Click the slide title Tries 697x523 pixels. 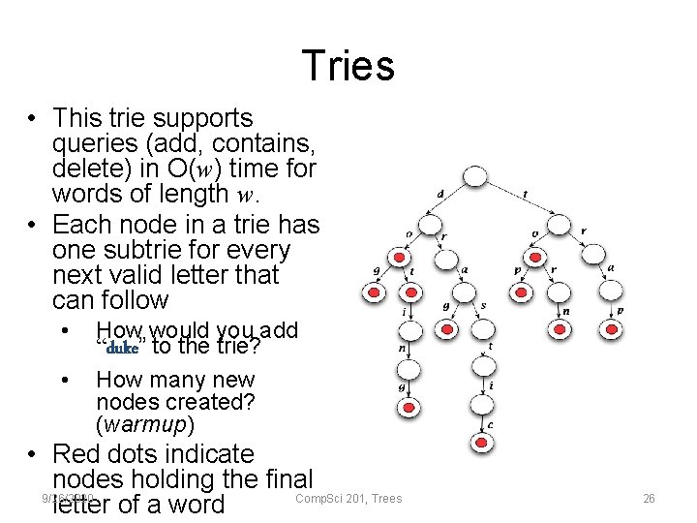(x=348, y=66)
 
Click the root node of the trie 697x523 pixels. (x=474, y=177)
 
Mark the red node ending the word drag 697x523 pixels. (x=447, y=330)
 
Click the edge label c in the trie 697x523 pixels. (x=491, y=424)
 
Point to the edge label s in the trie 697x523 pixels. (x=483, y=306)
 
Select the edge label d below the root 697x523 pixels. (x=440, y=195)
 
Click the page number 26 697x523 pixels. (x=649, y=499)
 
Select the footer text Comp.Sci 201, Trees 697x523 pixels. (x=348, y=499)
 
